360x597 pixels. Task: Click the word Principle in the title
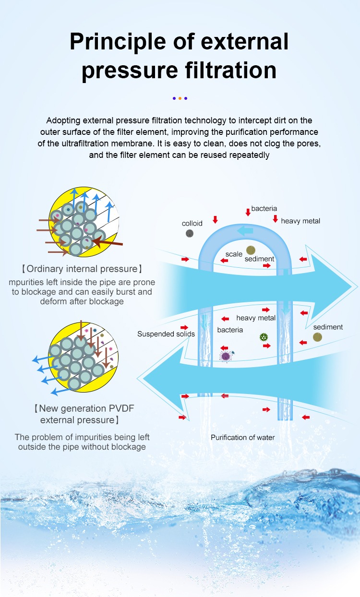[x=118, y=42]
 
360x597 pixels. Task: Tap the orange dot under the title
[x=180, y=98]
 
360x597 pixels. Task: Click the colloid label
[x=192, y=223]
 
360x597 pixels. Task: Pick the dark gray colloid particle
[x=189, y=233]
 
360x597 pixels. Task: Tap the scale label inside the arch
[x=234, y=254]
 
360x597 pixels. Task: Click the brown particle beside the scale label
[x=251, y=250]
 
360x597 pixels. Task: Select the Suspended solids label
[x=166, y=334]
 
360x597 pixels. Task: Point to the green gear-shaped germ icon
[x=264, y=337]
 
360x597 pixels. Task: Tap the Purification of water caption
[x=243, y=437]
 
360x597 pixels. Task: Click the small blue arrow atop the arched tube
[x=245, y=231]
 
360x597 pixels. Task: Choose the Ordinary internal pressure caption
[x=82, y=269]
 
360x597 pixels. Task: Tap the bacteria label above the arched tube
[x=264, y=208]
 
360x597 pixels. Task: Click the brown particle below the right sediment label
[x=317, y=337]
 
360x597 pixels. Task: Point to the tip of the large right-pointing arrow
[x=357, y=287]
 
